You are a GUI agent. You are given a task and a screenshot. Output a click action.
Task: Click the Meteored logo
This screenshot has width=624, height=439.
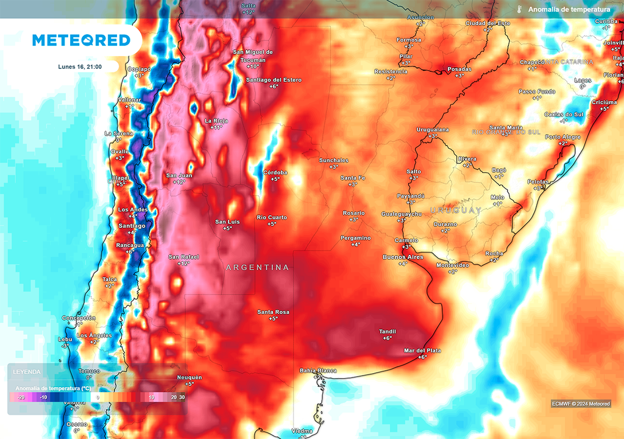pos(81,40)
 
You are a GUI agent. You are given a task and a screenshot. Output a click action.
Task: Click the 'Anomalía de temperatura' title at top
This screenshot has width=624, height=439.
pos(569,10)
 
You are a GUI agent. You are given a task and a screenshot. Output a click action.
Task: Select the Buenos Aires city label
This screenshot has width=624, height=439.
pos(402,257)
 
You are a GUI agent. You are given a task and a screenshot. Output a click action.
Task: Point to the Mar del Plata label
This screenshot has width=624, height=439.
pos(422,351)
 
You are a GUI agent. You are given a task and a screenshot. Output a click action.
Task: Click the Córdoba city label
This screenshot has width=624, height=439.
pos(274,173)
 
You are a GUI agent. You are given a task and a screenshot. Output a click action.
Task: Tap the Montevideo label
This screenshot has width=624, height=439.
pos(453,265)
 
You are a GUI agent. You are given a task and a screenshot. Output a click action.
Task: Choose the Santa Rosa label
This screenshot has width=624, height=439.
pos(273,312)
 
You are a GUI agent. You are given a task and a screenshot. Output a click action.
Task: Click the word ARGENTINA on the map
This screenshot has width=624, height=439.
pos(257,268)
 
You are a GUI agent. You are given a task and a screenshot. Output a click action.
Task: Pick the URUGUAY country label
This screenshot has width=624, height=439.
pos(456,210)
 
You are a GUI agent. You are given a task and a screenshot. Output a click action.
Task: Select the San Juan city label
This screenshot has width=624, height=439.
pos(179,176)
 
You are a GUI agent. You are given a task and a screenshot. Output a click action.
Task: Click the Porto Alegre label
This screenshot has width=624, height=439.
pos(564,137)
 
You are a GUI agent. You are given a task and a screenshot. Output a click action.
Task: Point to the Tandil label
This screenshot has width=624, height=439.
pos(388,332)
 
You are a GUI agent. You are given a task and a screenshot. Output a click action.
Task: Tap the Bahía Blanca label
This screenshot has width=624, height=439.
pos(318,371)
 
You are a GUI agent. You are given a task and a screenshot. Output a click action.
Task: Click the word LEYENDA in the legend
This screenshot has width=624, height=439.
pos(27,371)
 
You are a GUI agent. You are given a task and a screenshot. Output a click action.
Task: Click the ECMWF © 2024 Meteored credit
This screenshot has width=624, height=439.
pos(581,404)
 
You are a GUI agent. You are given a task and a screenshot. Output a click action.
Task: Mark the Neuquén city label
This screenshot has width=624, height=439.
pos(189,377)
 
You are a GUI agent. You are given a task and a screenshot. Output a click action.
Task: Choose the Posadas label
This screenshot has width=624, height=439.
pos(459,70)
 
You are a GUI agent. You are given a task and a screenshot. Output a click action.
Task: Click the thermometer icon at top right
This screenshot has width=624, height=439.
pos(520,10)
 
